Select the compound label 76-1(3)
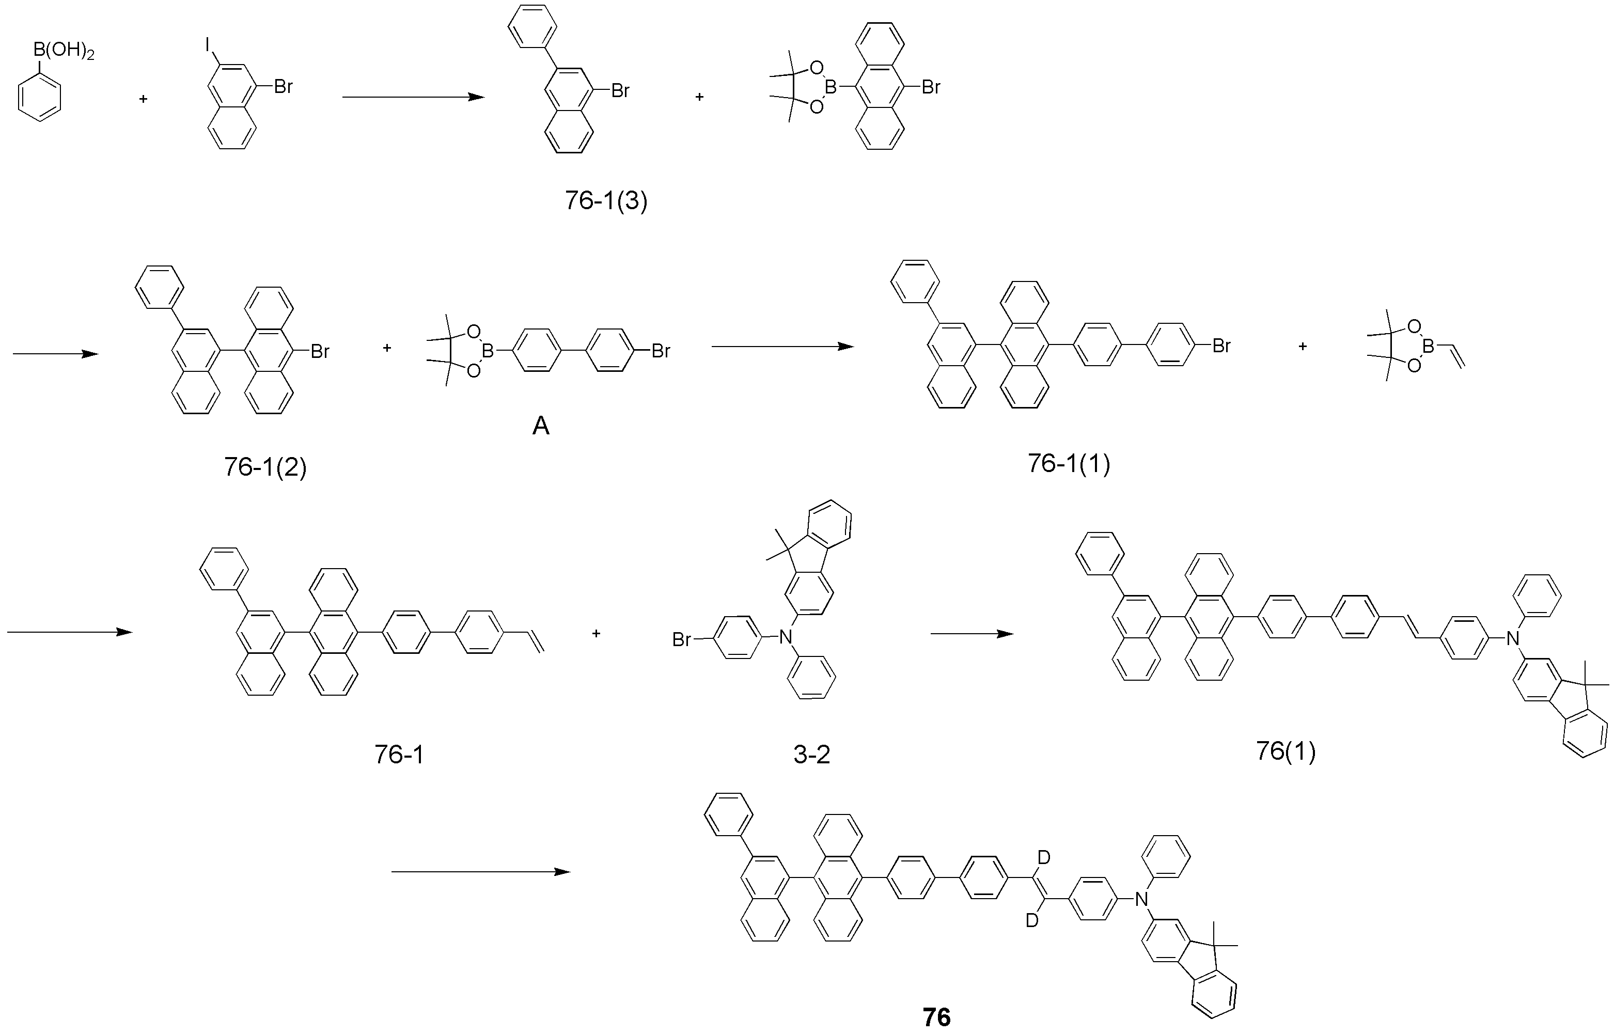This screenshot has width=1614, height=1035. [606, 200]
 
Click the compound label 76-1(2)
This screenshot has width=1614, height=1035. [265, 466]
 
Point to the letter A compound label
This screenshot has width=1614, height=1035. [541, 426]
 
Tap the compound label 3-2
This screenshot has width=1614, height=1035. [812, 755]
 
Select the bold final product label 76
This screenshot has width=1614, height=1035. [937, 1017]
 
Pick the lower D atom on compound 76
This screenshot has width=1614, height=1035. [1032, 921]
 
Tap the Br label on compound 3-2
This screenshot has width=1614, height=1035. [681, 640]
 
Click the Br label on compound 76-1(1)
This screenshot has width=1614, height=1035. [1221, 346]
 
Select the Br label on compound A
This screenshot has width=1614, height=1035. [661, 350]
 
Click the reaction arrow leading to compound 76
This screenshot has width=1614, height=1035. [481, 872]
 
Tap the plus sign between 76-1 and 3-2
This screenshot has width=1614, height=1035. [596, 633]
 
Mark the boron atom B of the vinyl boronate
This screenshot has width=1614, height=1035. [1429, 346]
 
